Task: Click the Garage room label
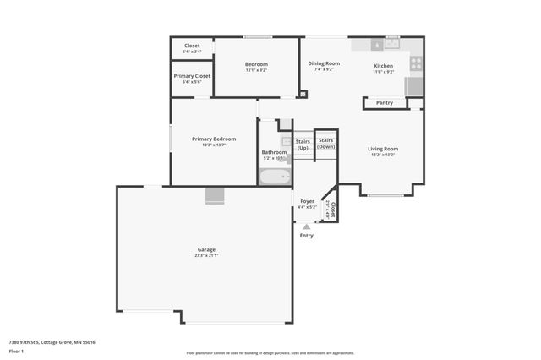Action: pyautogui.click(x=206, y=249)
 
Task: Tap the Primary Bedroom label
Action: pyautogui.click(x=214, y=139)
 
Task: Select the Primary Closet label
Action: pyautogui.click(x=192, y=76)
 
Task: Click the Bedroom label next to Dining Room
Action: pyautogui.click(x=256, y=64)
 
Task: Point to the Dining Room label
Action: pyautogui.click(x=323, y=63)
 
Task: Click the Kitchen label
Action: pyautogui.click(x=384, y=65)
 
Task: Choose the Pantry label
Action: pyautogui.click(x=385, y=103)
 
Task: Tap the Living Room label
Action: pyautogui.click(x=383, y=149)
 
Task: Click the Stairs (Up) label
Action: pyautogui.click(x=302, y=145)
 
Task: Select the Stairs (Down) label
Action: pyautogui.click(x=326, y=143)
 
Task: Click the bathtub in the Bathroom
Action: pyautogui.click(x=275, y=177)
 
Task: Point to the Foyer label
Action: pyautogui.click(x=308, y=201)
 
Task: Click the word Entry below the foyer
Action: pyautogui.click(x=306, y=235)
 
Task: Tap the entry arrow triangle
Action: pyautogui.click(x=306, y=226)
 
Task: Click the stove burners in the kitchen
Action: pyautogui.click(x=415, y=63)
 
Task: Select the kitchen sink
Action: pyautogui.click(x=391, y=43)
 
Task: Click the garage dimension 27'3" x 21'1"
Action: pyautogui.click(x=206, y=255)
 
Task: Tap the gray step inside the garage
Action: pyautogui.click(x=216, y=196)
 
